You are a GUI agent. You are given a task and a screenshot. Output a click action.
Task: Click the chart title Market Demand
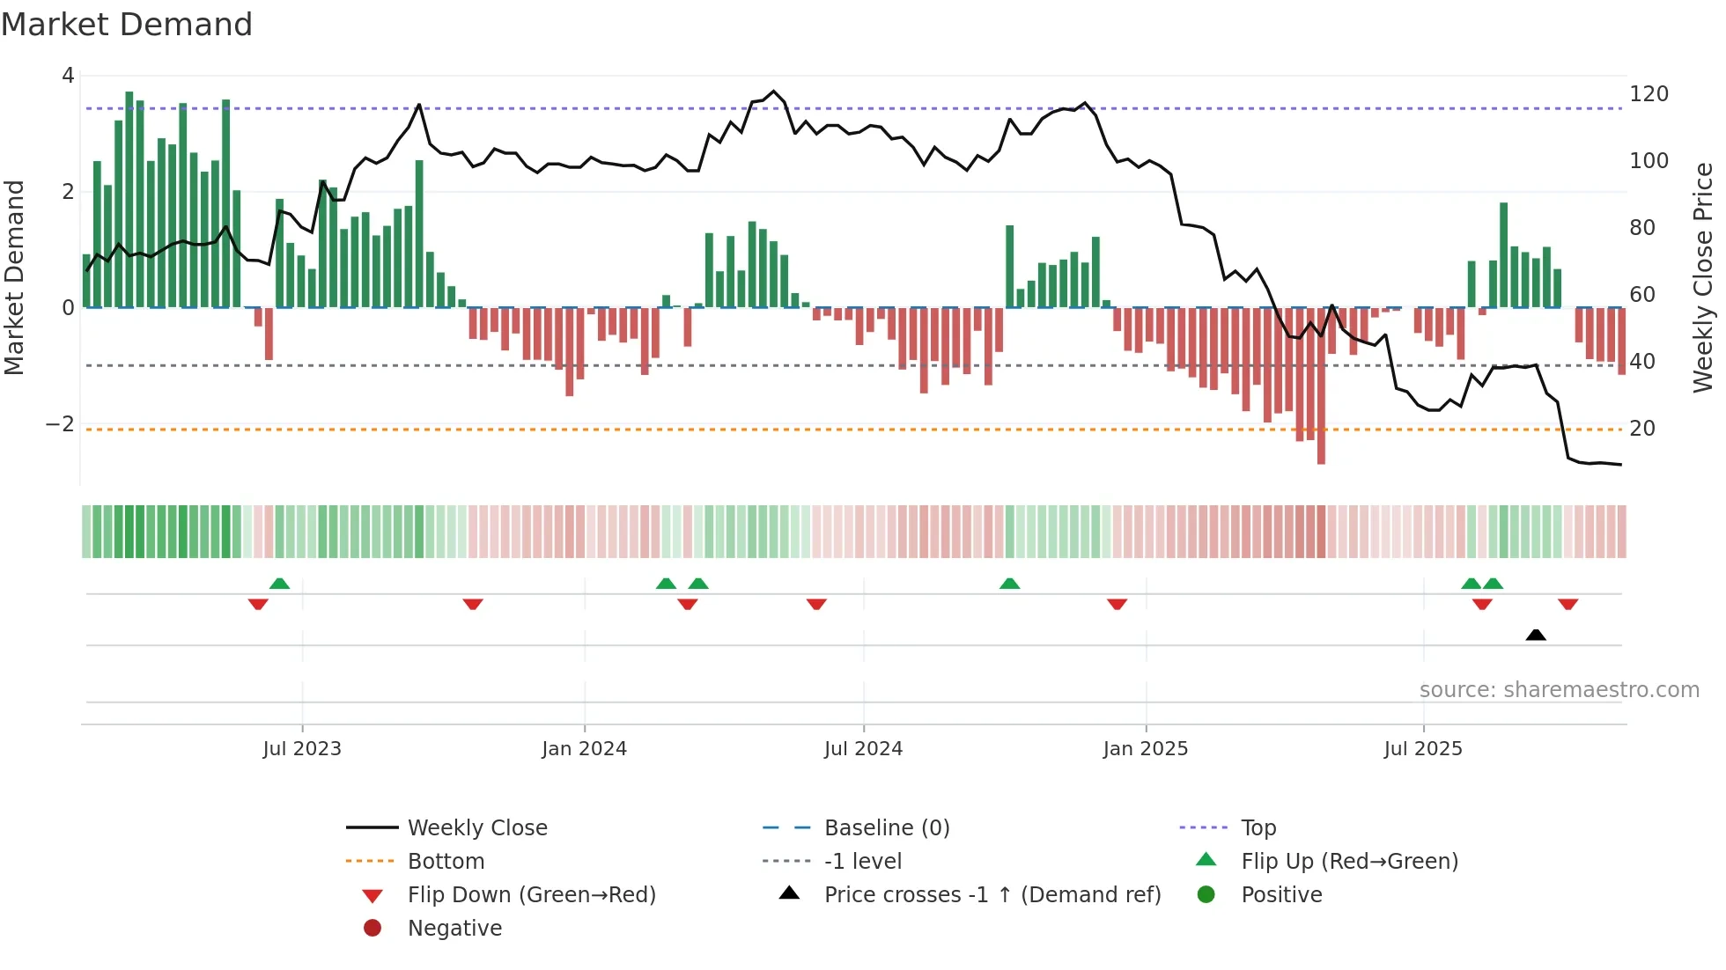click(127, 25)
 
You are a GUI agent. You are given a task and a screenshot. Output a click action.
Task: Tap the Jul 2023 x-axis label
click(301, 749)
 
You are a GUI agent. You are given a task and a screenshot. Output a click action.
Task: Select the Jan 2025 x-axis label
click(1145, 749)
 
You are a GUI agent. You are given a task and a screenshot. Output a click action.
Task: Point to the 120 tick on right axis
click(1649, 94)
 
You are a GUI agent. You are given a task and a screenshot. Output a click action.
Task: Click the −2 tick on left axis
click(60, 424)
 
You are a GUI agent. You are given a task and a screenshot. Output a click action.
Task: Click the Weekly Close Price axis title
click(1703, 277)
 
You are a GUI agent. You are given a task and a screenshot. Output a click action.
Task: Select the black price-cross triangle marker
click(1536, 635)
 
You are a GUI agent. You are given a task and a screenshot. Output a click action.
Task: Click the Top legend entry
click(1258, 828)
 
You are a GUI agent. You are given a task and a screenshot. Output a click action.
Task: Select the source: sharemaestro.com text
click(1559, 690)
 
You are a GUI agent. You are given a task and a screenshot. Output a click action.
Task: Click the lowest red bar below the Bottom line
click(1321, 453)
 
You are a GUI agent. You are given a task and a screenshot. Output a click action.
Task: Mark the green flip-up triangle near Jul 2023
click(279, 584)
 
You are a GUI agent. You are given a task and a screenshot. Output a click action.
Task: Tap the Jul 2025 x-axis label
click(1422, 749)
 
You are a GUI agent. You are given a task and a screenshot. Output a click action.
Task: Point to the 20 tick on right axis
click(1641, 429)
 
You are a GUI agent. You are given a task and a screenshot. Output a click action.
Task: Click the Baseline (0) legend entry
click(886, 828)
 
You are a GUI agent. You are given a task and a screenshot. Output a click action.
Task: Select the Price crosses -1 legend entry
click(992, 895)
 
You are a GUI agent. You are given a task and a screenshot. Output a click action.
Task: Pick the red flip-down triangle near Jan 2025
click(1117, 604)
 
